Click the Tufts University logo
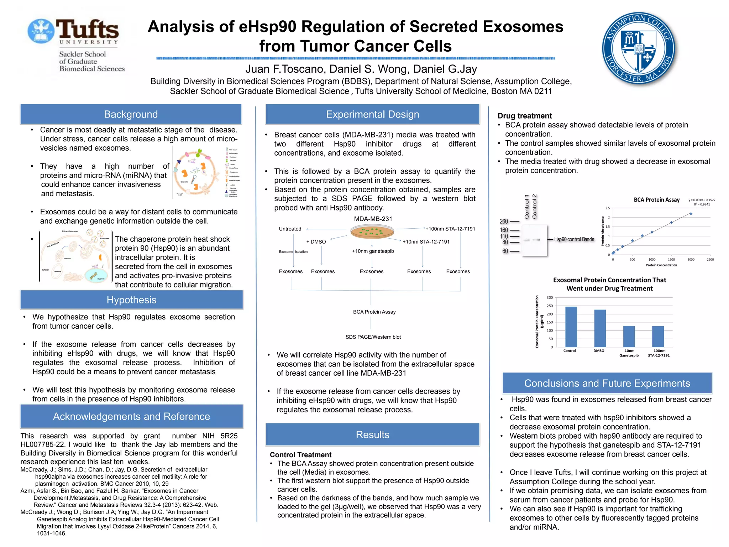point(76,45)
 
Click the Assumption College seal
point(640,48)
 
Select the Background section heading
point(131,114)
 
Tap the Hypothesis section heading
point(131,300)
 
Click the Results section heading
point(372,434)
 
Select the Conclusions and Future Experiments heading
point(607,383)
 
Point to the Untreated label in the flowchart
point(290,229)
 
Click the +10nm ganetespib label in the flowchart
point(373,251)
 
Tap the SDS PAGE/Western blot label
point(373,337)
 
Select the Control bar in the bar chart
point(571,327)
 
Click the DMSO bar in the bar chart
point(600,328)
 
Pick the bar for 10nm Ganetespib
point(629,336)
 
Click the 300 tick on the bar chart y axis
point(550,298)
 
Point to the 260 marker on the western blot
point(504,222)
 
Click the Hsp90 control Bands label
point(574,239)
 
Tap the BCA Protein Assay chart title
point(656,200)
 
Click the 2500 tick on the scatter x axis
point(710,260)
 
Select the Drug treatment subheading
point(524,116)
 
